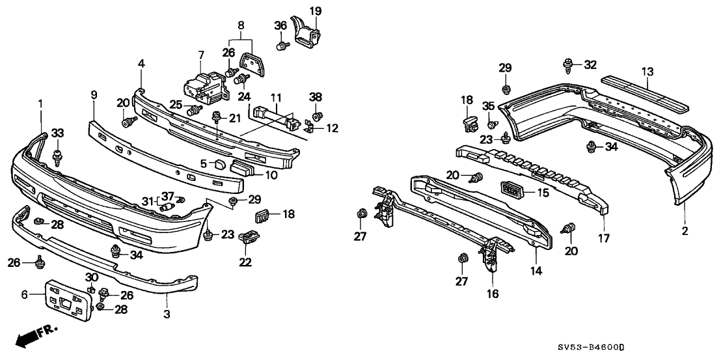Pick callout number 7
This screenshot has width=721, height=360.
point(201,55)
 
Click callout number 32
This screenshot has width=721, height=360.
point(590,65)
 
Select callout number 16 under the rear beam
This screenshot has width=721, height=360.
point(492,294)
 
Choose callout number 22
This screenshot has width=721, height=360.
point(245,262)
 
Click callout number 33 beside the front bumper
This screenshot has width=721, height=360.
point(58,133)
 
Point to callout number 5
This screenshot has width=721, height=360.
point(203,163)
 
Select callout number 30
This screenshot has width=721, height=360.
point(92,277)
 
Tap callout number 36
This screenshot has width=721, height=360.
point(280,25)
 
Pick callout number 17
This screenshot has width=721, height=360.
point(605,238)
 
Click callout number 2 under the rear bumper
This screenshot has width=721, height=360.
point(685,230)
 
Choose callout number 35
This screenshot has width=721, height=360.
point(489,107)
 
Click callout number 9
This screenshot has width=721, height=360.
point(94,95)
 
